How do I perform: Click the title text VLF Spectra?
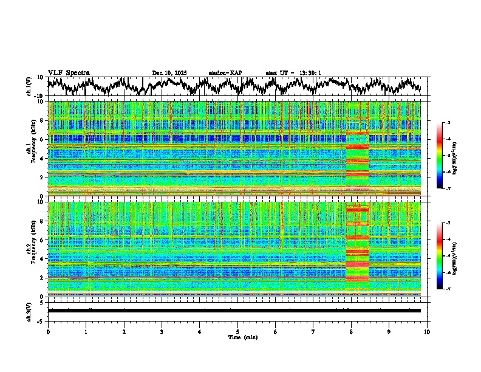(x=69, y=73)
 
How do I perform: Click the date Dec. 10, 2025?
(x=169, y=73)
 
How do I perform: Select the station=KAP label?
(x=225, y=73)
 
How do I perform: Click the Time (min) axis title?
(x=237, y=337)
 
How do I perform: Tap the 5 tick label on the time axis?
(x=237, y=331)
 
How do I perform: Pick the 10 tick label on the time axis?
(x=427, y=331)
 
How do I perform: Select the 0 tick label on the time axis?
(x=48, y=331)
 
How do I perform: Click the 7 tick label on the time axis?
(x=313, y=331)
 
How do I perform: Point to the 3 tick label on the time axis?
(x=162, y=331)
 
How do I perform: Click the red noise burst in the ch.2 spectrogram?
(x=357, y=249)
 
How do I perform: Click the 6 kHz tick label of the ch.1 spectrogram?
(x=43, y=139)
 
